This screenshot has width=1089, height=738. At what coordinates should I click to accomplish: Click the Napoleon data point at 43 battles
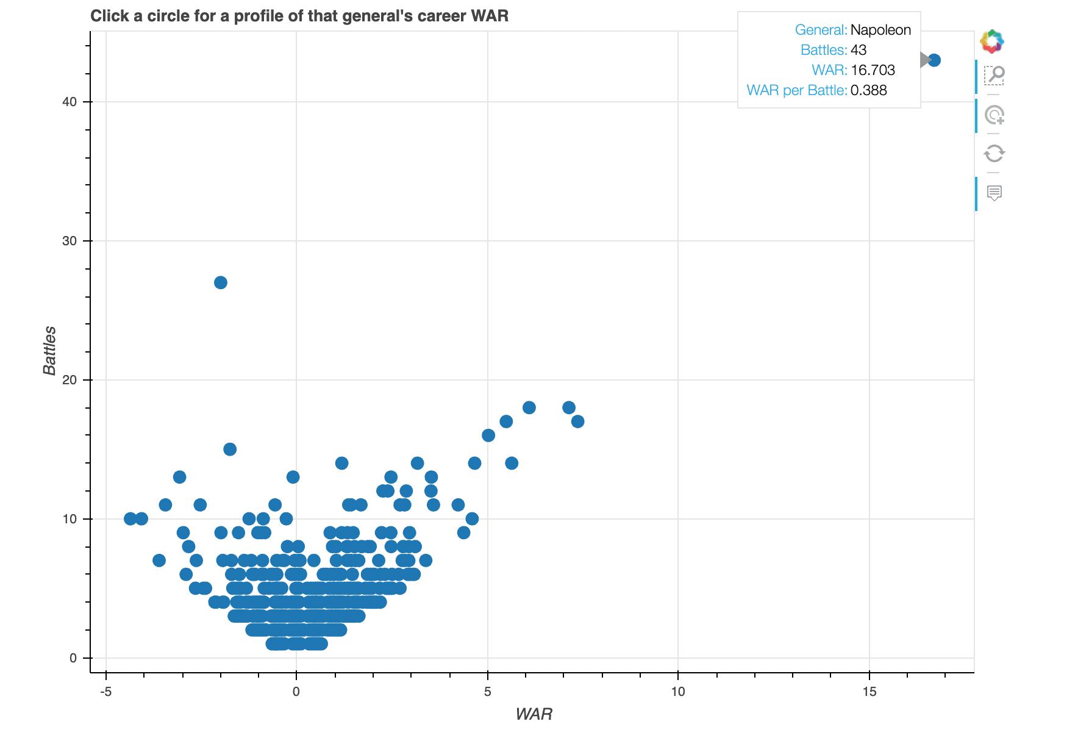(x=934, y=60)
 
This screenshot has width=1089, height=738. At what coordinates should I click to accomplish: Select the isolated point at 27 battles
(x=221, y=282)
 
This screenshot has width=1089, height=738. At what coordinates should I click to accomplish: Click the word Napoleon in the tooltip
(x=880, y=30)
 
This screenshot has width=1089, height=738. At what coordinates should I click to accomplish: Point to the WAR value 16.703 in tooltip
(x=873, y=70)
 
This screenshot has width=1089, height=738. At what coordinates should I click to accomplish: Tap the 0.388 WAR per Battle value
(x=868, y=90)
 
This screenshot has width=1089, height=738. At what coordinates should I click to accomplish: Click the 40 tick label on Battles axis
(x=70, y=102)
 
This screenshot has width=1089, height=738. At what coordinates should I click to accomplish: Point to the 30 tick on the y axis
(x=70, y=241)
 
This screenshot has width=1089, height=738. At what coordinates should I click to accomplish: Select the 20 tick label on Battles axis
(x=70, y=380)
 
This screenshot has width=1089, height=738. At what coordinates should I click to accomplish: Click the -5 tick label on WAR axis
(x=106, y=692)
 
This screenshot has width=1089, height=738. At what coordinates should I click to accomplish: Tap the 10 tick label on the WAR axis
(x=678, y=692)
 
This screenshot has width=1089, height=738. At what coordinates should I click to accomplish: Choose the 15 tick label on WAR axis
(x=869, y=692)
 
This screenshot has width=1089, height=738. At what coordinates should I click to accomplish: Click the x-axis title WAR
(x=534, y=714)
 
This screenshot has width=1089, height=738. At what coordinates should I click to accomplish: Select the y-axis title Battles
(x=49, y=351)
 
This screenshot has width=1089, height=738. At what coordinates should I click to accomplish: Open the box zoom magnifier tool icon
(x=994, y=76)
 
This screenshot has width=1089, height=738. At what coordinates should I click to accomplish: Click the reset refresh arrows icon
(x=994, y=153)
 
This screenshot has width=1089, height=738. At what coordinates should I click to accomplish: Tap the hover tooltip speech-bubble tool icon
(x=994, y=193)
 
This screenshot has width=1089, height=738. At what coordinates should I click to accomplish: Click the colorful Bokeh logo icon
(x=992, y=41)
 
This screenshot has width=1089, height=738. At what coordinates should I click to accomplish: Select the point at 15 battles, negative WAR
(x=230, y=450)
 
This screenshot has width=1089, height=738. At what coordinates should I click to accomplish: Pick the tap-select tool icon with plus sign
(x=994, y=115)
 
